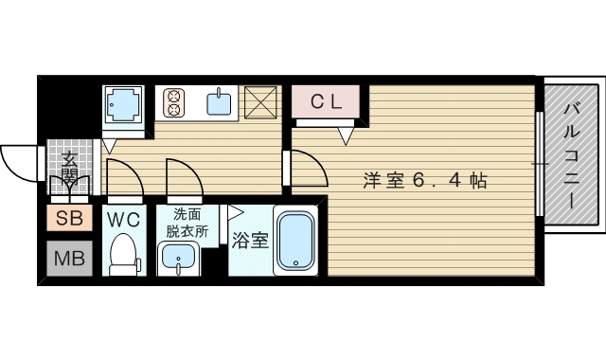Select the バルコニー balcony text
coord(572,157)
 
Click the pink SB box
coord(69,219)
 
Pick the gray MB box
coord(69,258)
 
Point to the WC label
coord(124,219)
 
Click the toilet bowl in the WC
coord(124,254)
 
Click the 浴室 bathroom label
coord(250,240)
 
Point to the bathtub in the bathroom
coord(296,241)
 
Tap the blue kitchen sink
coord(220,101)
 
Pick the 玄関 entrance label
coord(70,171)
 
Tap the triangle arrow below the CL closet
coord(345,135)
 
